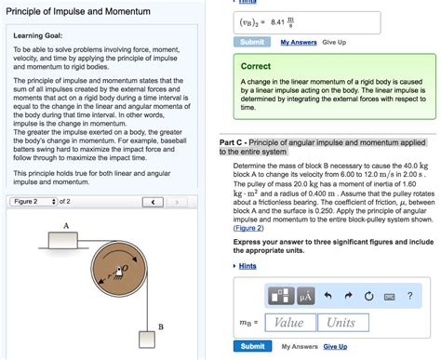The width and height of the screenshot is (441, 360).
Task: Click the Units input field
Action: pyautogui.click(x=342, y=323)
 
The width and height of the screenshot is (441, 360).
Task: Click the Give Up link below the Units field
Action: pyautogui.click(x=335, y=347)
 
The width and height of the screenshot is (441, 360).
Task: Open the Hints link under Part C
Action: pyautogui.click(x=247, y=265)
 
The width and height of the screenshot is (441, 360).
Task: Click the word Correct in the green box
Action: pyautogui.click(x=256, y=66)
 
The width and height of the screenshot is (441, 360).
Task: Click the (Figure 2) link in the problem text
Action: pyautogui.click(x=247, y=228)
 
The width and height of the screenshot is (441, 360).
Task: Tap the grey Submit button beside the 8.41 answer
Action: pyautogui.click(x=254, y=42)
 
